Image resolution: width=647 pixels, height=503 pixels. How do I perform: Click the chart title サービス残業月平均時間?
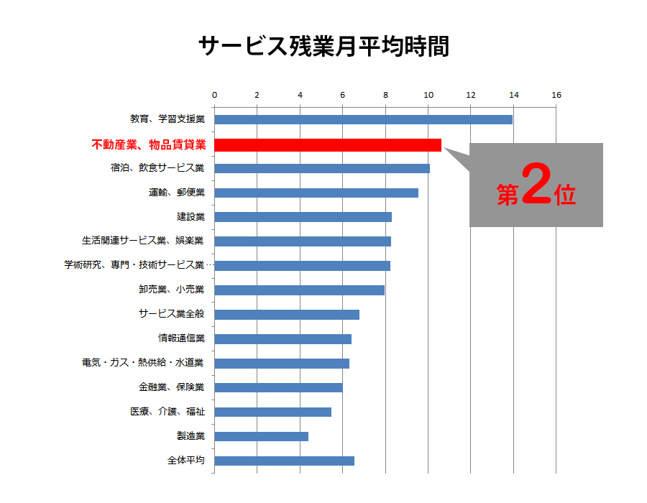pyautogui.click(x=323, y=47)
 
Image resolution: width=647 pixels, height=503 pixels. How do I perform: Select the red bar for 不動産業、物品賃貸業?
pyautogui.click(x=328, y=144)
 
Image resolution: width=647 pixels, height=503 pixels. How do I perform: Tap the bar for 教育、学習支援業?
pyautogui.click(x=363, y=119)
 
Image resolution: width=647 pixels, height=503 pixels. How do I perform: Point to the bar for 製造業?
pyautogui.click(x=261, y=436)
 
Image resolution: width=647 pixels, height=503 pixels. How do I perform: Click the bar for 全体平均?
pyautogui.click(x=284, y=461)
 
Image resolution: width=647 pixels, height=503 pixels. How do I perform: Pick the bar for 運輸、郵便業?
pyautogui.click(x=316, y=193)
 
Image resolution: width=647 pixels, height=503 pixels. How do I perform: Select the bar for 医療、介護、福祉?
pyautogui.click(x=272, y=412)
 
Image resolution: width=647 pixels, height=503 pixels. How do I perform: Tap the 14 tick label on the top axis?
pyautogui.click(x=513, y=95)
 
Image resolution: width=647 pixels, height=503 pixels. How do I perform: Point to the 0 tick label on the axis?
pyautogui.click(x=214, y=95)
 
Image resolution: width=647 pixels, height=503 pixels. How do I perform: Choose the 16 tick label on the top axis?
pyautogui.click(x=556, y=95)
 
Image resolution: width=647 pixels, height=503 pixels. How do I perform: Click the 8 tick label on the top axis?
pyautogui.click(x=385, y=95)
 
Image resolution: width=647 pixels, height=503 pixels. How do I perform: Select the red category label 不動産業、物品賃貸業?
pyautogui.click(x=149, y=144)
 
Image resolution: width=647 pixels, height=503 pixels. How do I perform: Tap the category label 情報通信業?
pyautogui.click(x=181, y=338)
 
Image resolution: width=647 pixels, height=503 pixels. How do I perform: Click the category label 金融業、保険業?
pyautogui.click(x=171, y=387)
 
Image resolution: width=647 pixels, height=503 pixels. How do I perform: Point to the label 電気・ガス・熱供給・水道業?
pyautogui.click(x=143, y=363)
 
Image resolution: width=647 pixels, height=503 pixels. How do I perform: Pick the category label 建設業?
pyautogui.click(x=191, y=216)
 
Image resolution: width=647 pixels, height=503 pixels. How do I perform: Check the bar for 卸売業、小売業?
pyautogui.click(x=299, y=290)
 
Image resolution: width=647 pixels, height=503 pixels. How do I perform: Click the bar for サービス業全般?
pyautogui.click(x=286, y=314)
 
